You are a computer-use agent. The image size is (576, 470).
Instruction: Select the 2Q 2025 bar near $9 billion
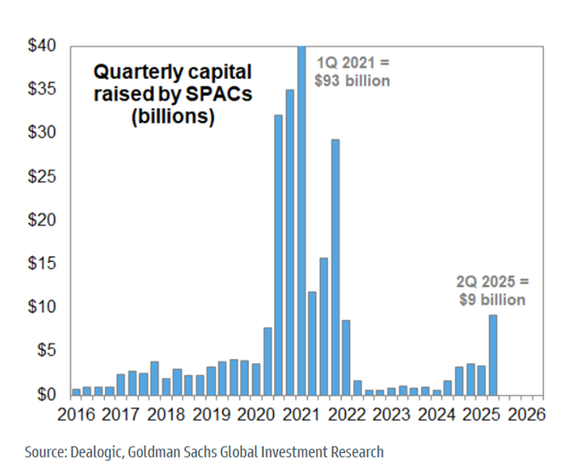(493, 354)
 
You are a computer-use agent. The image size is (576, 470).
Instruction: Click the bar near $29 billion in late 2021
(335, 266)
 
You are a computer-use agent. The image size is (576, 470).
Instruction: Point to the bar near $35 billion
(289, 242)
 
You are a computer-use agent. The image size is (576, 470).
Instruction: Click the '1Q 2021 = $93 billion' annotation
(356, 71)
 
